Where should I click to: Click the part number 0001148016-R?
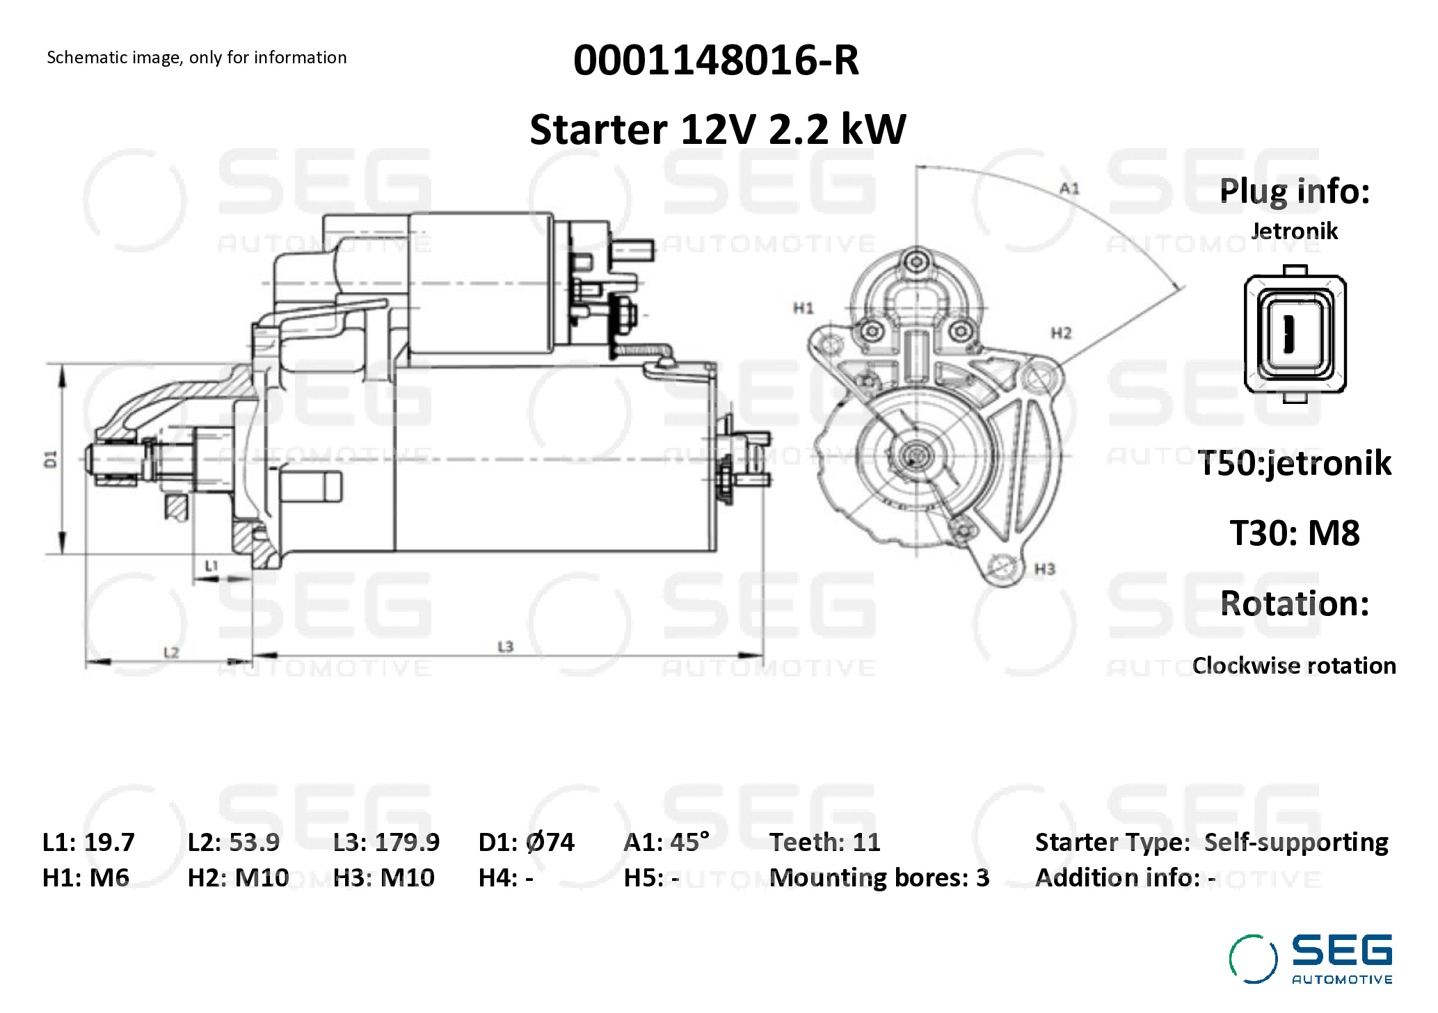[x=716, y=60]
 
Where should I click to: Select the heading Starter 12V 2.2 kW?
[x=717, y=129]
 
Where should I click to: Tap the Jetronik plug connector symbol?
[x=1294, y=334]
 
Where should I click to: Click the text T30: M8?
[x=1294, y=533]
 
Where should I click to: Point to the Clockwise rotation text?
[x=1293, y=665]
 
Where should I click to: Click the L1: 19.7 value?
[x=88, y=842]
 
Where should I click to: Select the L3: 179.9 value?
[x=386, y=842]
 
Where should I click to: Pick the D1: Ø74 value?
[x=526, y=842]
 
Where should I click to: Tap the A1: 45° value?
[x=666, y=842]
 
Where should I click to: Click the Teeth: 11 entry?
[x=824, y=842]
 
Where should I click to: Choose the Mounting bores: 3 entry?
[x=879, y=878]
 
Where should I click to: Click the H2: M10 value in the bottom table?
[x=238, y=878]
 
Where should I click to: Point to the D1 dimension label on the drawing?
[x=51, y=459]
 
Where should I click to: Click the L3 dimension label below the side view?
[x=505, y=647]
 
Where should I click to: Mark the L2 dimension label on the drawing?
[x=171, y=652]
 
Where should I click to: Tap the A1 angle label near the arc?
[x=1069, y=188]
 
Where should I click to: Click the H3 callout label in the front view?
[x=1044, y=569]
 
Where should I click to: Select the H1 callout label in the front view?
[x=804, y=307]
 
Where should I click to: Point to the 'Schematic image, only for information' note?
[x=196, y=57]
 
